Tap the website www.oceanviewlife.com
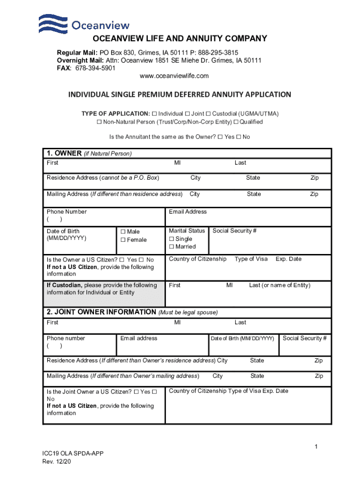(174, 76)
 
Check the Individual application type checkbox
(154, 114)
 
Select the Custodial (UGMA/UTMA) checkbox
(209, 114)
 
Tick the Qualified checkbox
(236, 122)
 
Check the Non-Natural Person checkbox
(99, 122)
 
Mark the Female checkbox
(123, 240)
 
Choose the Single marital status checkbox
(172, 239)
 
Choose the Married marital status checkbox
(172, 247)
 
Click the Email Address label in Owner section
(187, 212)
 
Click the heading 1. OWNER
(64, 153)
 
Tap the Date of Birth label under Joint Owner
(242, 339)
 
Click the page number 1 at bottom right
(316, 447)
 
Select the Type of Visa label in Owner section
(251, 259)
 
